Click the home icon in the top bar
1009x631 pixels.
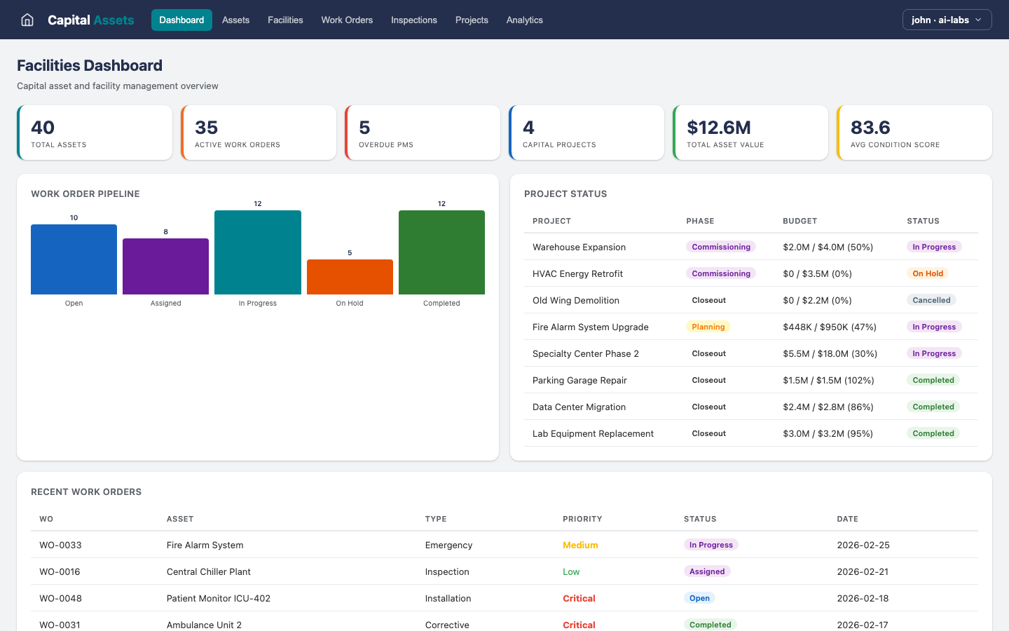[x=27, y=20]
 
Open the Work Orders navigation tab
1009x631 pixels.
[x=347, y=20]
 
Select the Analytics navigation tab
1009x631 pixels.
[x=524, y=20]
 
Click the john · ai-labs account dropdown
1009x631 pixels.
[x=947, y=20]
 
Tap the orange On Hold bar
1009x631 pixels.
[x=350, y=277]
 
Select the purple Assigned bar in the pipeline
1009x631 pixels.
[x=165, y=266]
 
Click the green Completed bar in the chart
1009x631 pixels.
[x=441, y=252]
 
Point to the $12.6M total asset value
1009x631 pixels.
[x=719, y=128]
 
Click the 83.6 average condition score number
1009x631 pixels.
[x=870, y=128]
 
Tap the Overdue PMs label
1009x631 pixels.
[x=386, y=145]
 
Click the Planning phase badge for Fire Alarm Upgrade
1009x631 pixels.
[x=708, y=327]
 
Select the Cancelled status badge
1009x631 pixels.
[x=931, y=300]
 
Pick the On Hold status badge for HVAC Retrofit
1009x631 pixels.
[x=928, y=273]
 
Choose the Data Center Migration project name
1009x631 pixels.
[x=579, y=407]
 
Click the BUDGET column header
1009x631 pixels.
[x=799, y=221]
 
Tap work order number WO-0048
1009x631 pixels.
[x=60, y=598]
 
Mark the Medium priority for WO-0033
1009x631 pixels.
[x=580, y=545]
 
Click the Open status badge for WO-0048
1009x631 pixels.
[x=699, y=598]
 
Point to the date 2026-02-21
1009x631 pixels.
[x=863, y=571]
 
